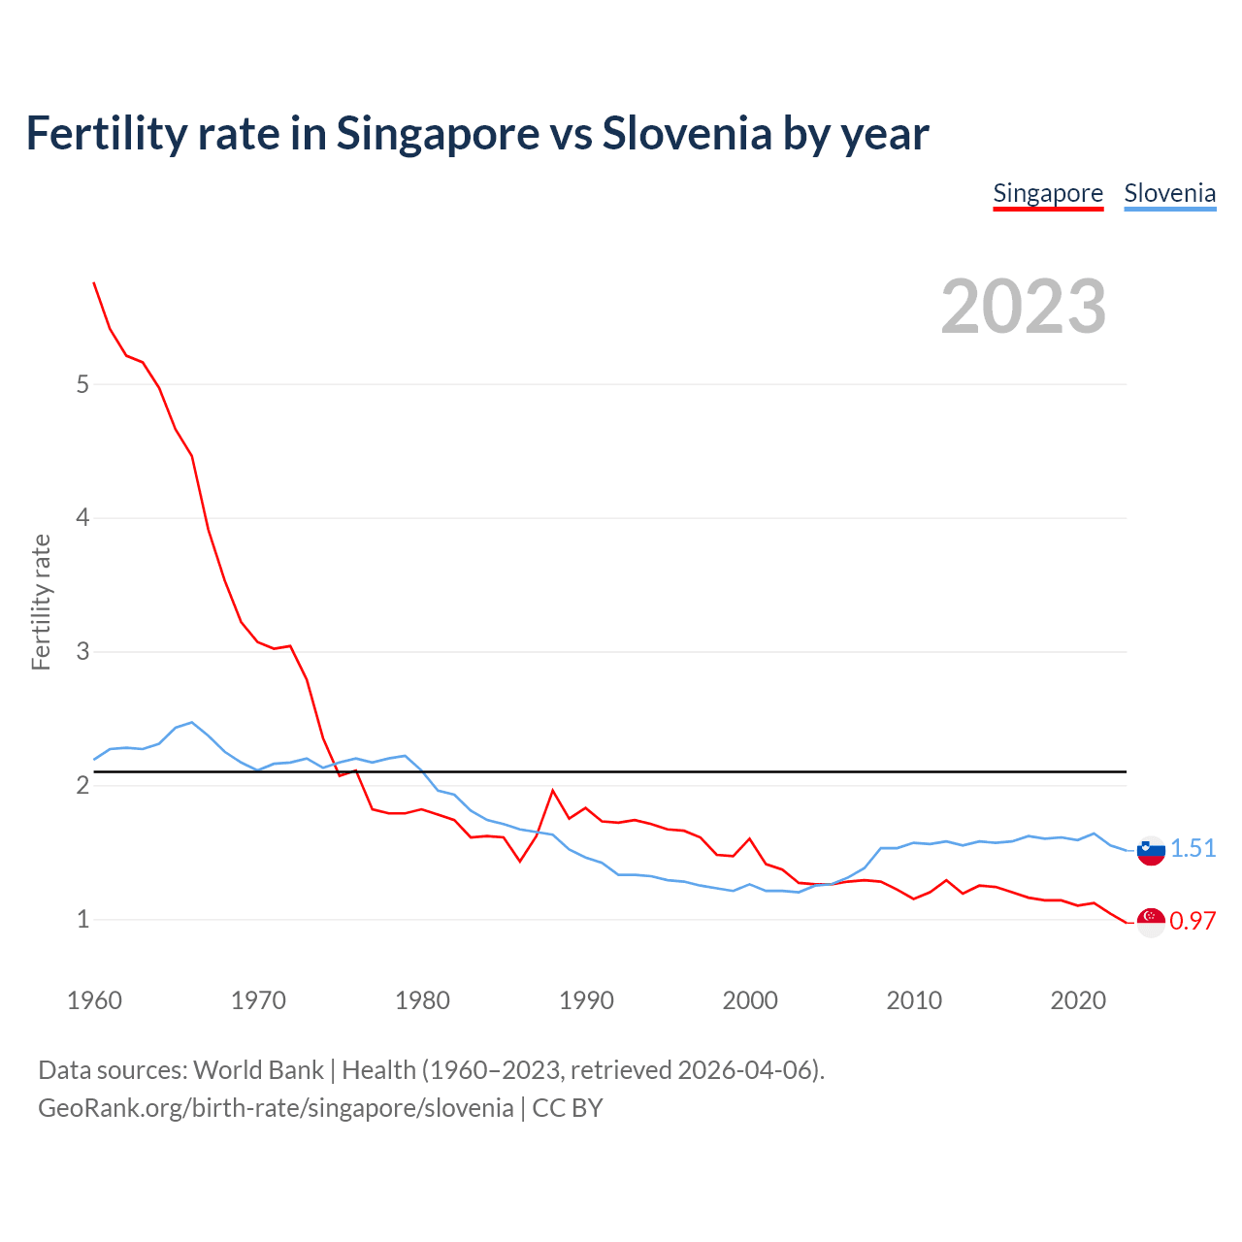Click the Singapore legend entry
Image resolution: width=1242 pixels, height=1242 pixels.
click(x=1048, y=194)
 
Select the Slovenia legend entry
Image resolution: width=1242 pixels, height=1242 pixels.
click(x=1169, y=194)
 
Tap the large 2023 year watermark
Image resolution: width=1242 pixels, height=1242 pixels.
click(x=1023, y=307)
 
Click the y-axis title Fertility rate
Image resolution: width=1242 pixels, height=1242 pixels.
click(x=41, y=602)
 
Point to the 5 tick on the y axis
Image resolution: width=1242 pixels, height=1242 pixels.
click(x=82, y=384)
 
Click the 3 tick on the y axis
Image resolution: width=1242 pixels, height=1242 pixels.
click(x=82, y=651)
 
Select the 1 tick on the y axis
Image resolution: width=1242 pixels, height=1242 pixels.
click(x=82, y=919)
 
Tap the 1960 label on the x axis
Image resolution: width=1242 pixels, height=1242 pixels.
click(x=94, y=1000)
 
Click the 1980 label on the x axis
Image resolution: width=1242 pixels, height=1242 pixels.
click(x=422, y=1000)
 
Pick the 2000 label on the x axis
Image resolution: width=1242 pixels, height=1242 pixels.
click(x=750, y=1000)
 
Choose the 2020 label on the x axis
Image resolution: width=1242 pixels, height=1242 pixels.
click(x=1078, y=1000)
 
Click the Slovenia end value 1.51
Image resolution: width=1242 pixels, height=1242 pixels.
click(x=1193, y=849)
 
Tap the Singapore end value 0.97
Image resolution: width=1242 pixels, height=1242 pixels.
click(x=1193, y=922)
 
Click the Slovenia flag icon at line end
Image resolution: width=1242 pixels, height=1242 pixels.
click(x=1151, y=851)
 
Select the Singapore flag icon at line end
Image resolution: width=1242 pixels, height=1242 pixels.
click(x=1151, y=923)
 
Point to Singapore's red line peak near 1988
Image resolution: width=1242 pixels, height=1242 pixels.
click(x=553, y=791)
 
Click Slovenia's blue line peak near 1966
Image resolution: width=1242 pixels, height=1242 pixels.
click(x=192, y=722)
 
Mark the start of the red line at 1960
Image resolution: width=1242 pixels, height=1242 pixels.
click(x=94, y=282)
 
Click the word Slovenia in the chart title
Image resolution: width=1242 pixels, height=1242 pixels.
click(x=687, y=134)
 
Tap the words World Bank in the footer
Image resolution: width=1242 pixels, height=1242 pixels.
click(x=258, y=1070)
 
